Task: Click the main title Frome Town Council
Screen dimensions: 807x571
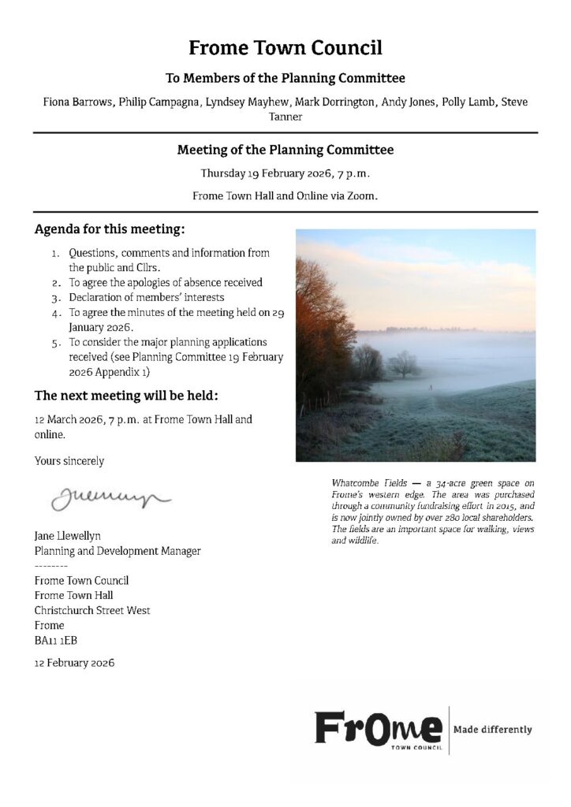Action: (x=285, y=49)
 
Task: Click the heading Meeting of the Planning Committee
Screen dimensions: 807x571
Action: (x=285, y=149)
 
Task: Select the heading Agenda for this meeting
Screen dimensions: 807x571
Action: (x=110, y=231)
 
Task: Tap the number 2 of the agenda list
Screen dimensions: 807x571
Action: (x=56, y=282)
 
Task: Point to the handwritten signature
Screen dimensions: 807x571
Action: (x=110, y=496)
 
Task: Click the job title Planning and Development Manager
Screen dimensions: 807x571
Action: (x=118, y=551)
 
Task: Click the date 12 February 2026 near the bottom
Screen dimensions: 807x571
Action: (x=74, y=663)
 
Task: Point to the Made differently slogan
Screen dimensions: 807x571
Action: (x=492, y=730)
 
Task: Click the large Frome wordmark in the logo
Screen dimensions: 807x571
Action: (x=379, y=727)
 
